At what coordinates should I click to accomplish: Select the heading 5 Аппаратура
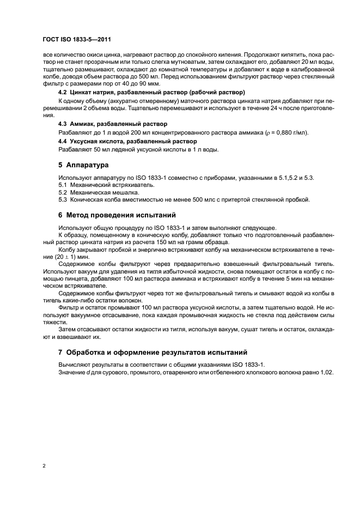tap(83, 165)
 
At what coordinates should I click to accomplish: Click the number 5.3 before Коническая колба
tap(63, 199)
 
